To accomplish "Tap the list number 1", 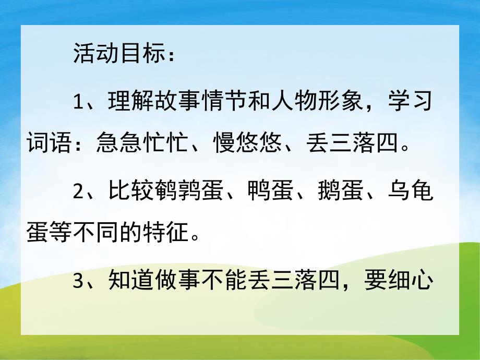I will (79, 102).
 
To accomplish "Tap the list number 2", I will (79, 191).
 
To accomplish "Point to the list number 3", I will (79, 282).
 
